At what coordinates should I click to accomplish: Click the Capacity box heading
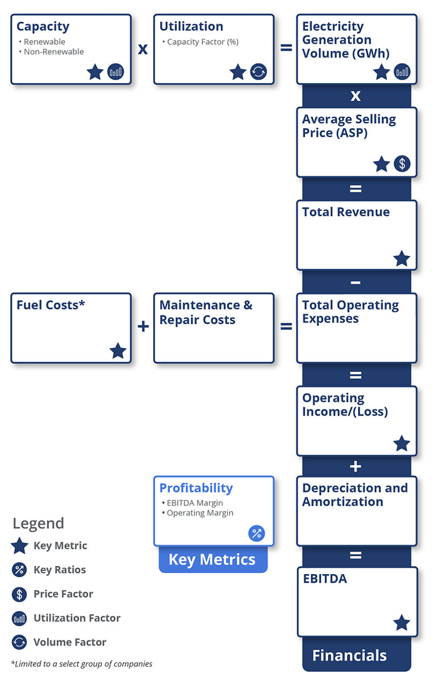43,26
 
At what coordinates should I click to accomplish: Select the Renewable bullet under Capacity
44,42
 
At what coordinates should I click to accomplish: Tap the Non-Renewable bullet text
53,52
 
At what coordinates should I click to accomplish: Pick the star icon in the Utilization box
238,72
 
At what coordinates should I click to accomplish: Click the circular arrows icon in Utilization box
259,72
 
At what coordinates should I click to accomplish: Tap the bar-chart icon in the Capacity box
116,72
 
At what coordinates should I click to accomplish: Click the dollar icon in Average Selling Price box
402,164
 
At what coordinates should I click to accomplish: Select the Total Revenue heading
346,212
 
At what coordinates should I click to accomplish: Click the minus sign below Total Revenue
355,282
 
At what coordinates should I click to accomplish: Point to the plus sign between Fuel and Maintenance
143,327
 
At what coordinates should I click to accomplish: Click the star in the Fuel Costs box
118,351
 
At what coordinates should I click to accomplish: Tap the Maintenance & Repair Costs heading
206,313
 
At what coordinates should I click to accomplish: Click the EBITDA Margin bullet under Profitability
194,502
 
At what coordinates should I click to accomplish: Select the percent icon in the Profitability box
256,534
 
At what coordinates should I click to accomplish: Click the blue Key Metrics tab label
212,560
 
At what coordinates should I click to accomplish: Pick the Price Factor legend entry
63,594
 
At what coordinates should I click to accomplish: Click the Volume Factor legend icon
19,642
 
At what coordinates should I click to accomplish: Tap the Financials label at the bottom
350,655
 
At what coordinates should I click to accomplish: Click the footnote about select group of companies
81,664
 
